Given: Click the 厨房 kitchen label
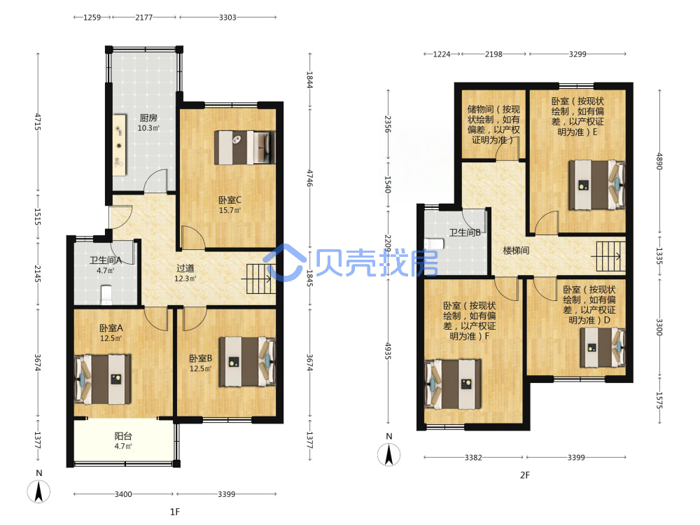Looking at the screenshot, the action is point(148,118).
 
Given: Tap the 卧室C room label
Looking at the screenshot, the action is point(230,200).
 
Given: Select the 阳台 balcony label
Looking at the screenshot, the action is point(123,436).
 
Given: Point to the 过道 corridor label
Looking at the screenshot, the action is point(185,268).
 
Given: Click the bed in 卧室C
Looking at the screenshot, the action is point(244,147).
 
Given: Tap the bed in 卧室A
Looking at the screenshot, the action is point(103,379).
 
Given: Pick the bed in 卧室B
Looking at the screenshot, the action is point(247,362).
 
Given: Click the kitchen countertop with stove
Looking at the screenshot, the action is point(119,146).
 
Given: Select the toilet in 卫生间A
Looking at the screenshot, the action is point(106,295).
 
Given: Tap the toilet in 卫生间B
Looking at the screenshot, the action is point(434,244).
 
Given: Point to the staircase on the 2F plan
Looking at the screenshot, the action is point(610,256).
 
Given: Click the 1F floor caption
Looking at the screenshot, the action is point(175,512).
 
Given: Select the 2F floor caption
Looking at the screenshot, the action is point(525,475).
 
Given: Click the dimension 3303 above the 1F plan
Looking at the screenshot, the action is point(227,17).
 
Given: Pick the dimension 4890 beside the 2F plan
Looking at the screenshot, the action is point(659,161).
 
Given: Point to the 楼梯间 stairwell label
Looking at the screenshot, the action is point(516,251).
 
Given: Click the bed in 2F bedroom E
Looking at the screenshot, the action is point(597,185).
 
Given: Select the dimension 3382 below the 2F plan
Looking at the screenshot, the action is point(473,457).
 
